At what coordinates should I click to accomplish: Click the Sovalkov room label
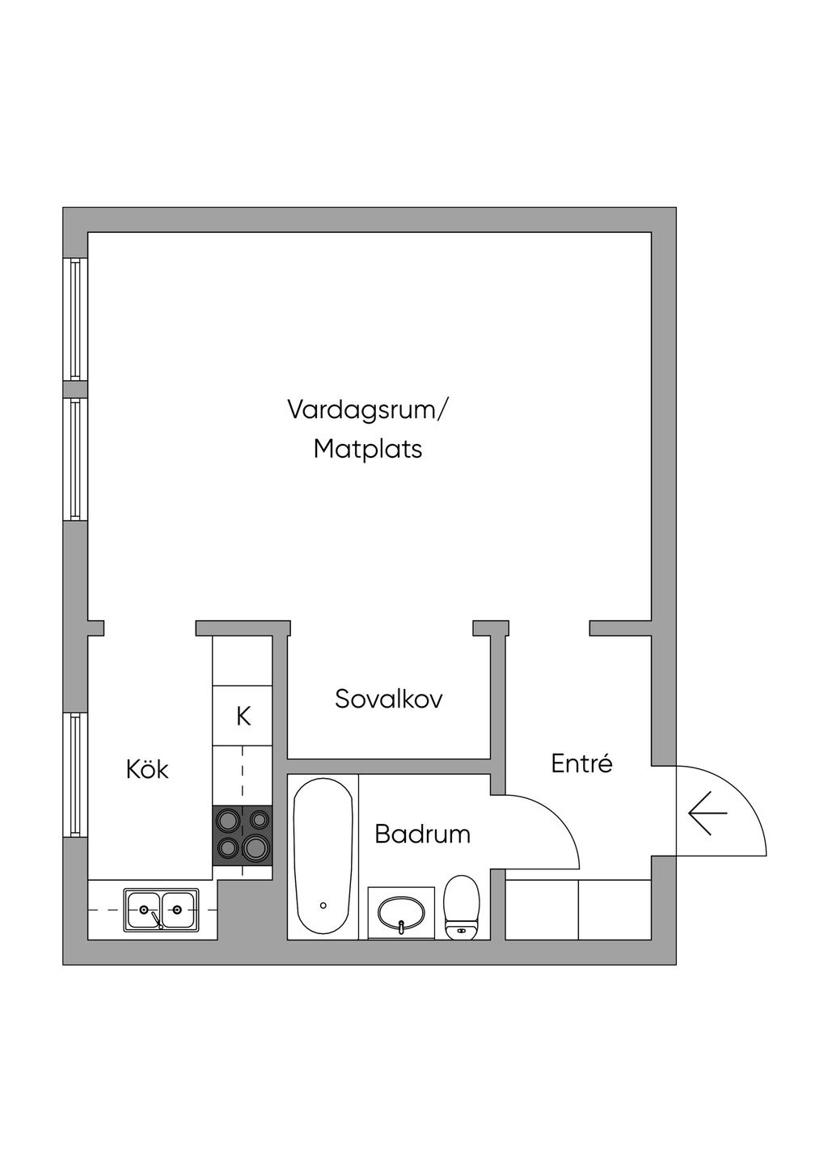388,699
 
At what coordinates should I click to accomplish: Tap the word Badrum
422,834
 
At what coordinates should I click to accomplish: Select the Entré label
581,763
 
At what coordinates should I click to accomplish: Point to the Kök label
147,769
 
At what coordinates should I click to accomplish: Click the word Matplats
368,450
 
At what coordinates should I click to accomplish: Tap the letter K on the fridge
243,717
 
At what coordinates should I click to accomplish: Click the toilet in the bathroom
461,907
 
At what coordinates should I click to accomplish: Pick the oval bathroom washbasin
401,912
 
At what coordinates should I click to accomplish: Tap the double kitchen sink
161,910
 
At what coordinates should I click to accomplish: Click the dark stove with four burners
242,835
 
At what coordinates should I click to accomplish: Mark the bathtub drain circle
323,905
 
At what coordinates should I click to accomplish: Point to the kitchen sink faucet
157,919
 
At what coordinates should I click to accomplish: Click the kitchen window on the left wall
75,776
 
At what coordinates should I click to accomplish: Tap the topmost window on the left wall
75,319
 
